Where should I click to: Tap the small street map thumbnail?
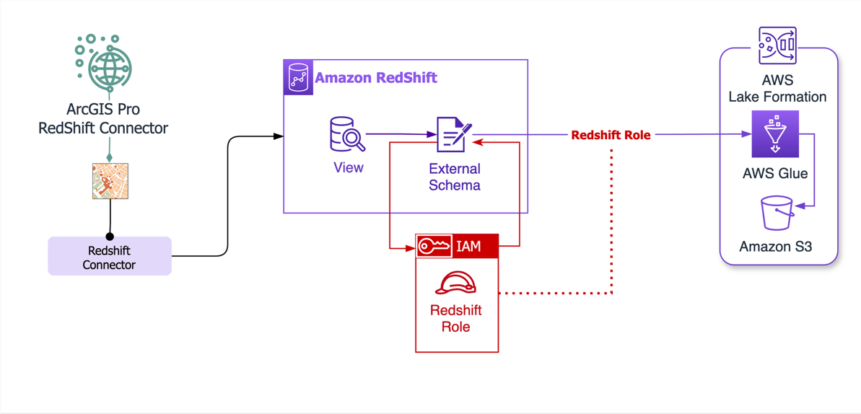[x=110, y=181]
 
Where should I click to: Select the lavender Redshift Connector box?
[x=110, y=257]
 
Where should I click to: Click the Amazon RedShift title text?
[x=375, y=78]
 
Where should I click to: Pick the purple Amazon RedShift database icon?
[x=298, y=78]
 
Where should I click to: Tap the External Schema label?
[x=454, y=177]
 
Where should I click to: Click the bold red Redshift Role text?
[x=611, y=135]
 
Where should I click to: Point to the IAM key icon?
[x=434, y=247]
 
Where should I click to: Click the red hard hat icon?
[x=456, y=283]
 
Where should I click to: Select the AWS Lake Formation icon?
[x=777, y=47]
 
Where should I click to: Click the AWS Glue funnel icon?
[x=775, y=134]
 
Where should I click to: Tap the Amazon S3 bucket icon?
[x=777, y=213]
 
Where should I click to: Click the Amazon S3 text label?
[x=775, y=247]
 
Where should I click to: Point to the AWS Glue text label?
[x=775, y=174]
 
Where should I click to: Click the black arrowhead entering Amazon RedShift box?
[x=279, y=136]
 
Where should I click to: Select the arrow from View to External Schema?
[x=401, y=134]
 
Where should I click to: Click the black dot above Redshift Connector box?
[x=110, y=236]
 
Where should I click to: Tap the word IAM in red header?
[x=468, y=247]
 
